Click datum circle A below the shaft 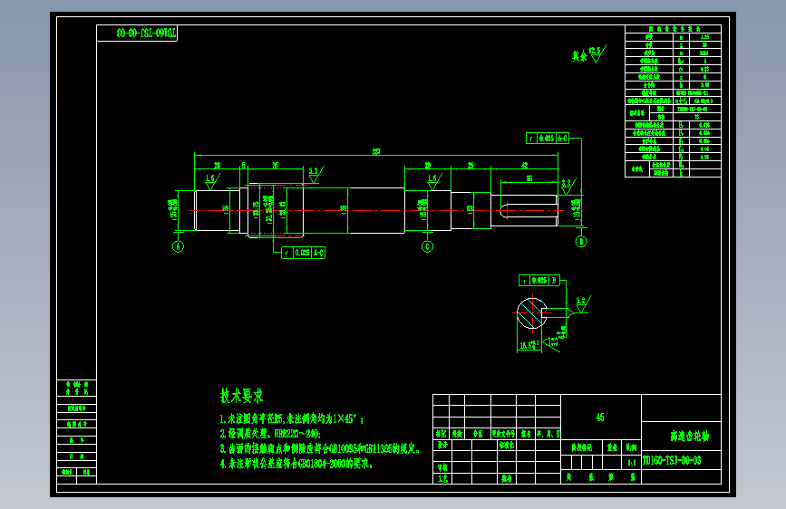178,245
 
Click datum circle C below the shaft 427,245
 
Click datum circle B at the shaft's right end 581,241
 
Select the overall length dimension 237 375,151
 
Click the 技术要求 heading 241,396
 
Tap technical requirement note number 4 296,463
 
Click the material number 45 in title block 600,418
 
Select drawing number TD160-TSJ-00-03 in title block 671,460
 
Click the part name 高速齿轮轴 681,437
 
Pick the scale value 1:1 631,460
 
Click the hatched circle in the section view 531,313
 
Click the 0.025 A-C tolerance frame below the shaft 303,253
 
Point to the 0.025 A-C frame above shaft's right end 548,139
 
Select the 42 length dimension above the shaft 525,165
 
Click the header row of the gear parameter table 672,29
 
